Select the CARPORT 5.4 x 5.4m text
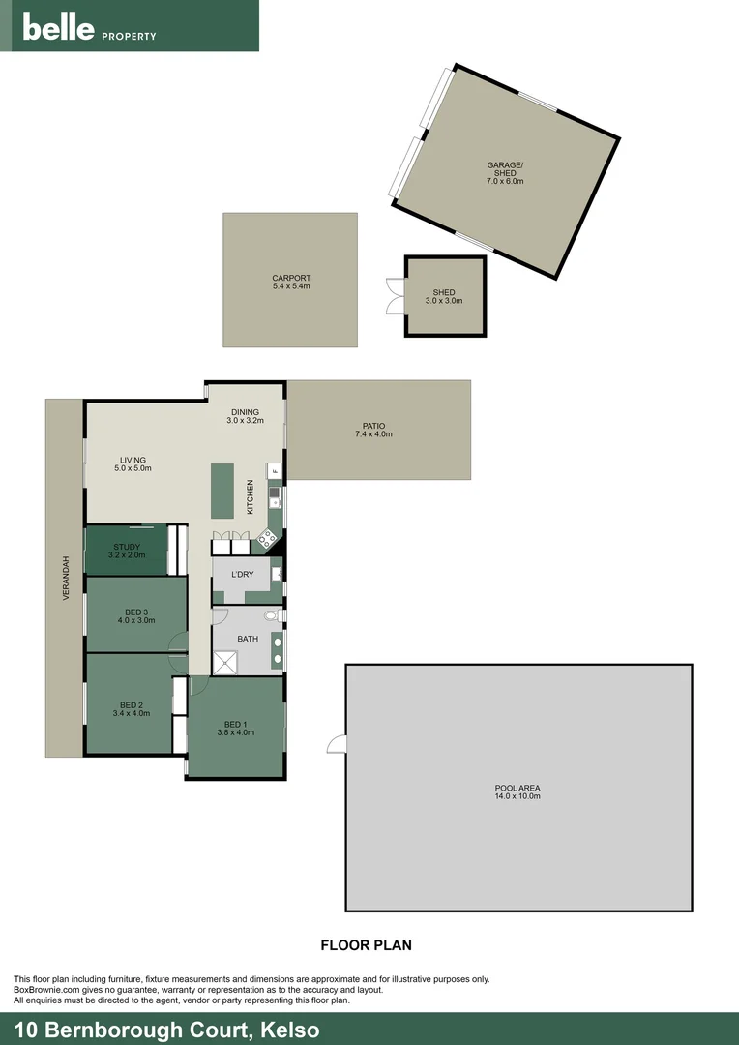(290, 283)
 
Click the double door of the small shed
(395, 296)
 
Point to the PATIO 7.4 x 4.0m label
(373, 430)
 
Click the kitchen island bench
(223, 492)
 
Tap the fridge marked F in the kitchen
(275, 472)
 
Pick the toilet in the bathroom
(272, 615)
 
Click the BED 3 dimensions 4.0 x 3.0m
(136, 620)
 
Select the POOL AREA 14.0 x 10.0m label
(517, 791)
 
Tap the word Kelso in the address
(288, 1030)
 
